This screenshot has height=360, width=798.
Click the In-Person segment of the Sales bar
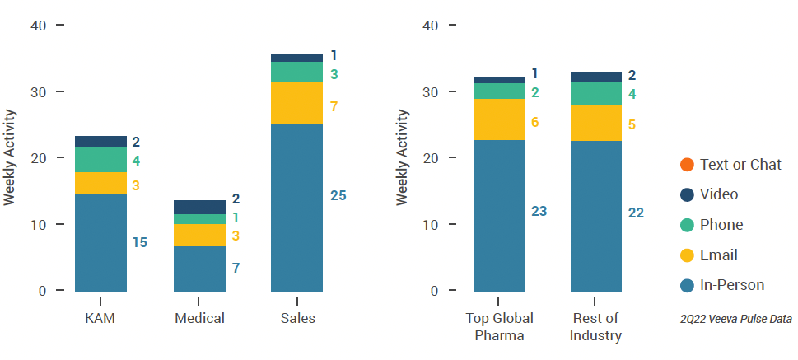296,207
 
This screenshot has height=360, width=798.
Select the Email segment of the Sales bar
296,103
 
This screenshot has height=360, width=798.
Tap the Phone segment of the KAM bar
100,160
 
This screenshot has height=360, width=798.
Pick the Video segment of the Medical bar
198,207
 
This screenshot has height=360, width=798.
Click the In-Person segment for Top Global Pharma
499,215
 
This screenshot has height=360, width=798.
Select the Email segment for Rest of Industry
596,123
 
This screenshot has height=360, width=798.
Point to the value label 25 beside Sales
338,196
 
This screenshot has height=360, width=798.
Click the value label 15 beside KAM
140,242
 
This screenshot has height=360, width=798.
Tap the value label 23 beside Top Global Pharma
539,211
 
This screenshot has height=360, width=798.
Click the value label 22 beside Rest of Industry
635,213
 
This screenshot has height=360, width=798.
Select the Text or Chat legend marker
686,165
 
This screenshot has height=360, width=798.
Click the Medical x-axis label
198,318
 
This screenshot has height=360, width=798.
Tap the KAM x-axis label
100,318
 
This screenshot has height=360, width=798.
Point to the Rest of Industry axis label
596,326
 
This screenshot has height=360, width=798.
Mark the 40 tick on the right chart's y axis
429,26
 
